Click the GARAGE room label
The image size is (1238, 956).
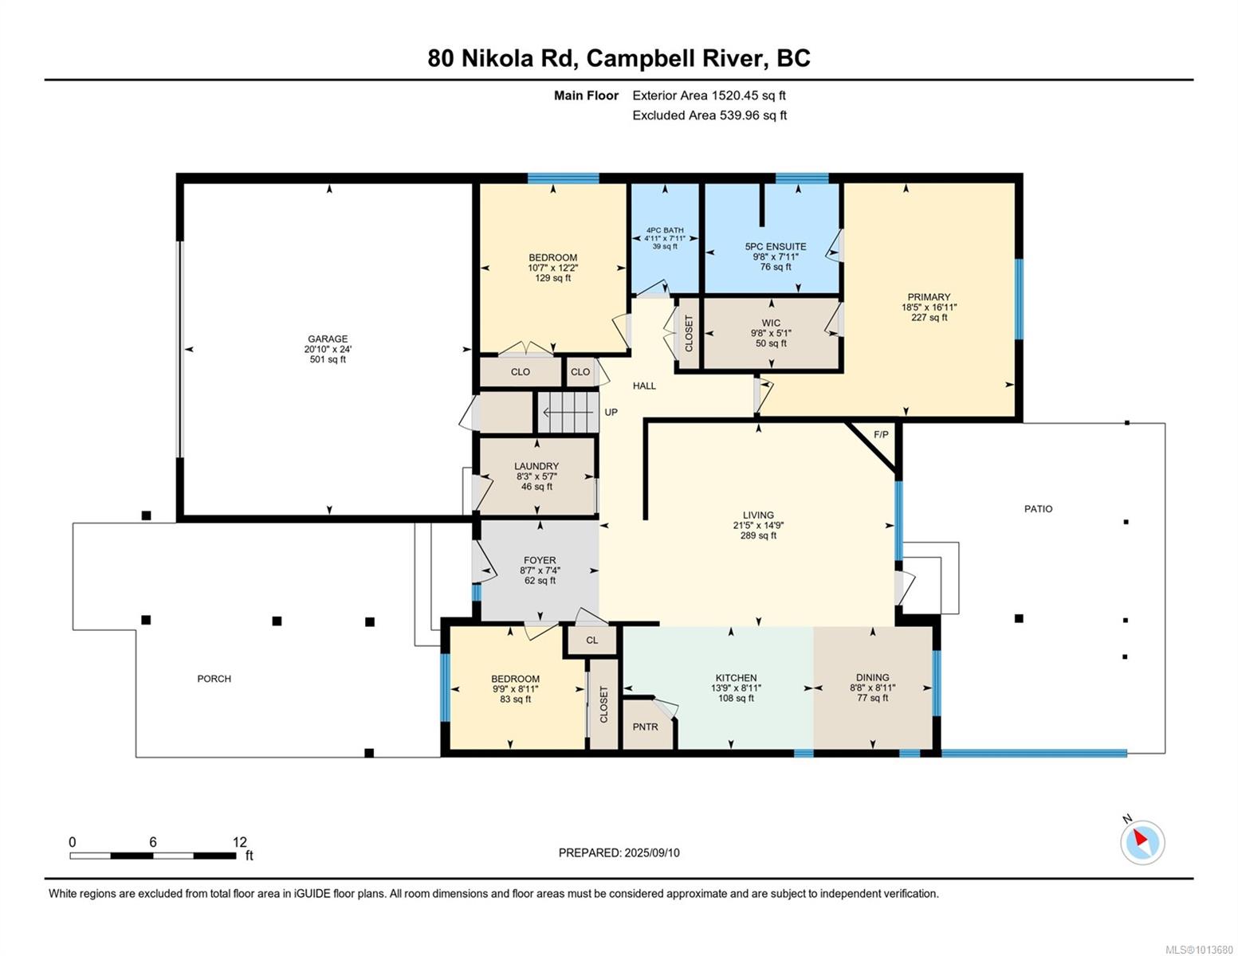pyautogui.click(x=328, y=339)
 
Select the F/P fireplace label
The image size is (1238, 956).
pyautogui.click(x=881, y=434)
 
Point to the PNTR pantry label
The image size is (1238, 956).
pyautogui.click(x=645, y=727)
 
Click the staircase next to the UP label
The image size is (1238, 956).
pyautogui.click(x=568, y=412)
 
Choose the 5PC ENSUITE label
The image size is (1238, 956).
pyautogui.click(x=776, y=246)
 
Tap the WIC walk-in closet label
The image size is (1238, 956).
pyautogui.click(x=771, y=323)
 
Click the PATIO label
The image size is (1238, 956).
pyautogui.click(x=1038, y=509)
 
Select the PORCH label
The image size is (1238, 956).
pyautogui.click(x=214, y=679)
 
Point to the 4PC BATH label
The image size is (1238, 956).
pyautogui.click(x=665, y=230)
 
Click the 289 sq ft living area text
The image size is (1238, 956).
pyautogui.click(x=758, y=535)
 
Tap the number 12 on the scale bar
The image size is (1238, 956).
pyautogui.click(x=240, y=841)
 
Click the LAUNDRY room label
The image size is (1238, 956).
pyautogui.click(x=536, y=466)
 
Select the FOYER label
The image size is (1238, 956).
pyautogui.click(x=540, y=560)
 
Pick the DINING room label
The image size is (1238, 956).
pyautogui.click(x=872, y=677)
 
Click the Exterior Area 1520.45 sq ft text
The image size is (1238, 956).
pyautogui.click(x=709, y=96)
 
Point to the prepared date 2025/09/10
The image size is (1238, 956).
pyautogui.click(x=652, y=852)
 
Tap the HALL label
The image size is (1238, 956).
pyautogui.click(x=644, y=386)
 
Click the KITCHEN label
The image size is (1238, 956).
pyautogui.click(x=736, y=678)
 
